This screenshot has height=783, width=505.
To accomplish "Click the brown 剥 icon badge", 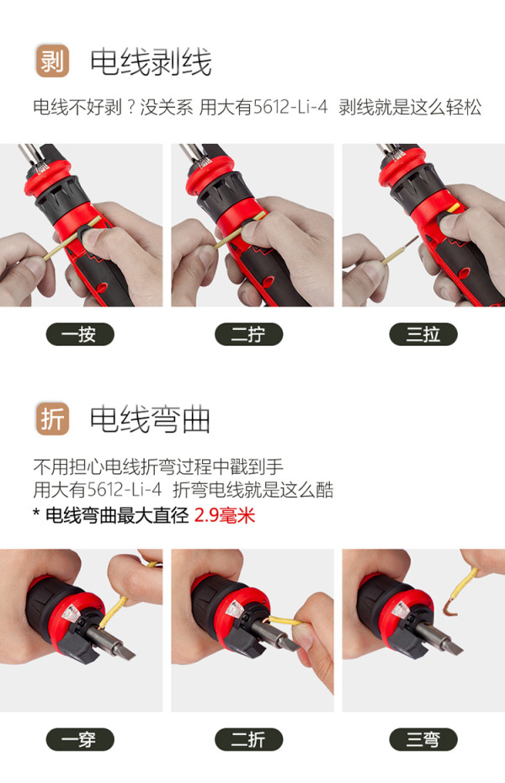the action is click(52, 61).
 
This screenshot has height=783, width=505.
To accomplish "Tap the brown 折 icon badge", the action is click(52, 418).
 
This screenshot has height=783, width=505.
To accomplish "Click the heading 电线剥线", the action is click(151, 62).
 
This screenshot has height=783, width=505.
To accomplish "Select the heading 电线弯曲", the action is click(150, 419).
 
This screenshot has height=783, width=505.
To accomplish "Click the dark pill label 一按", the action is click(80, 334).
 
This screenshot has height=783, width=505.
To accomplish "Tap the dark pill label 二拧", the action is click(248, 334).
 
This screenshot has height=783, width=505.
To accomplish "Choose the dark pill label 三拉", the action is click(423, 334).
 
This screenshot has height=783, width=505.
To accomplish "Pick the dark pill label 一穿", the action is click(80, 739).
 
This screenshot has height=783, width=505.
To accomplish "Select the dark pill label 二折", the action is click(248, 739).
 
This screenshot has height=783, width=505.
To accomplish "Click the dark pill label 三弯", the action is click(423, 739).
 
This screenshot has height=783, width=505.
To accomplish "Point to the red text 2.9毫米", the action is click(225, 515).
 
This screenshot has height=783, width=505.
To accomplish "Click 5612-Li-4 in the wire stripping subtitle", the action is click(290, 107).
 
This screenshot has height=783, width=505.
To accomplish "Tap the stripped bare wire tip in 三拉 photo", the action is click(410, 243).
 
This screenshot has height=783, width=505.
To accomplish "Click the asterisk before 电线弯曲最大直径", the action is click(36, 513).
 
